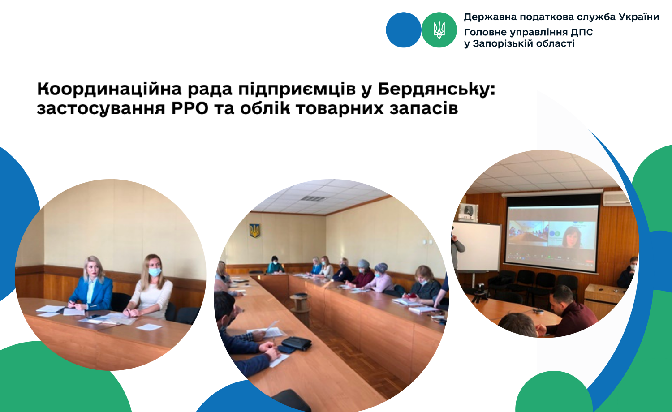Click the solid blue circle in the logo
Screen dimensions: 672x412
pos(404,30)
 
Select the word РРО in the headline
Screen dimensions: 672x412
pos(190,108)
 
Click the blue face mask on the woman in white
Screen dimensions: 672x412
pos(155,272)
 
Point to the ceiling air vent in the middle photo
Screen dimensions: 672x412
pos(313,198)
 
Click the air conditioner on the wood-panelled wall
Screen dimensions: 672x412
pos(616,198)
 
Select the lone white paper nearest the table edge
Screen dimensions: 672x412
pos(149,327)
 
